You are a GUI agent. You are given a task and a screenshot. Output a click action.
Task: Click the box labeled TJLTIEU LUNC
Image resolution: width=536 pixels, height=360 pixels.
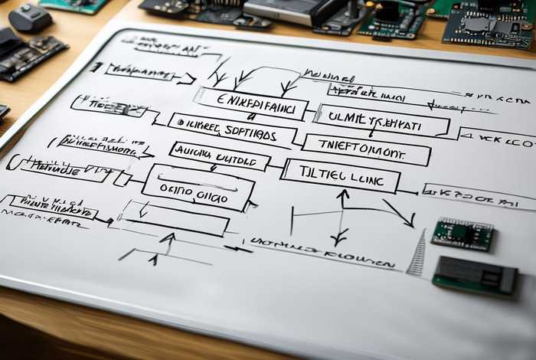[x=341, y=175]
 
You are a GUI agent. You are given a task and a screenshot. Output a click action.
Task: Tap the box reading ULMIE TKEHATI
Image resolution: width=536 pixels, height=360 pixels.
[x=381, y=119]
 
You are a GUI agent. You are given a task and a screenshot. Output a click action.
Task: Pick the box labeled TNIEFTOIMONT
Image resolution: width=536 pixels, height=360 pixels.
[x=365, y=149]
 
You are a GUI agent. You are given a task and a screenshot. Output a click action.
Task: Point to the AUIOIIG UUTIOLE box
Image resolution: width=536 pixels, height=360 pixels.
[x=219, y=155]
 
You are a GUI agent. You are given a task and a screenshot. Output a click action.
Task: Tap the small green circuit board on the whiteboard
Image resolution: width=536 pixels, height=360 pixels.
[x=462, y=234]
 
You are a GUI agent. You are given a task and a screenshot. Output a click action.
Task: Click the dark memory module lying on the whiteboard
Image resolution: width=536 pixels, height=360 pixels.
[x=474, y=274]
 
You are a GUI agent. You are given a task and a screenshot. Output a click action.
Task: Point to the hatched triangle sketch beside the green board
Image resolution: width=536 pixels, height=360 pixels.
[x=417, y=254]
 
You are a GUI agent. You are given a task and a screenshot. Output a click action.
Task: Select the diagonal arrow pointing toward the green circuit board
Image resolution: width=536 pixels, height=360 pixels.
[x=399, y=212]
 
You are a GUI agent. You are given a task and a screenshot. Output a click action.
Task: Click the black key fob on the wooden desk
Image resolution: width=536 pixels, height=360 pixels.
[x=31, y=17]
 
